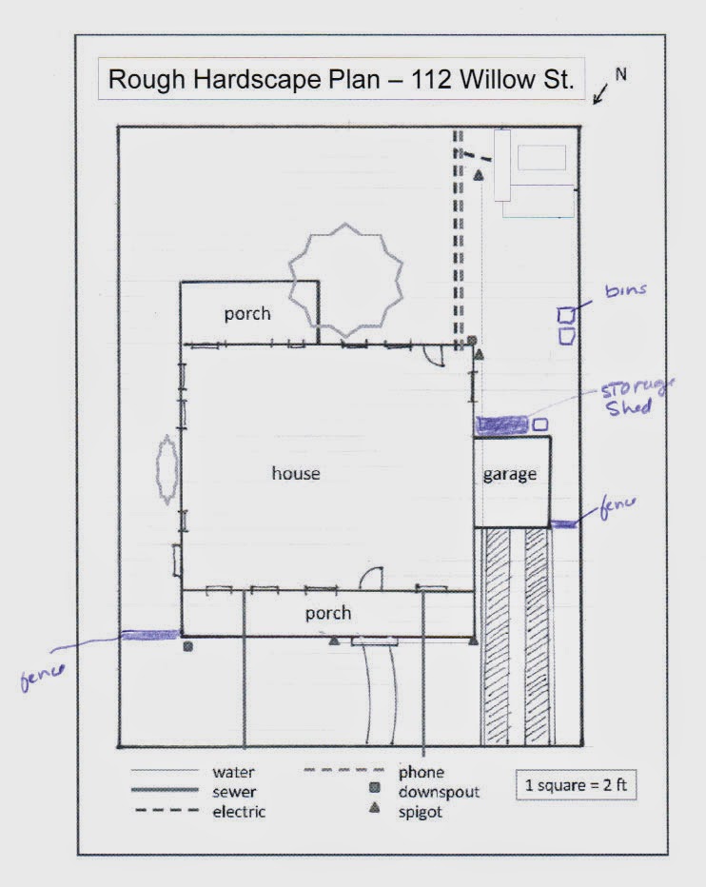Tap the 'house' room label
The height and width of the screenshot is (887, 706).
point(296,473)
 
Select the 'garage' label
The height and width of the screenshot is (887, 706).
point(510,475)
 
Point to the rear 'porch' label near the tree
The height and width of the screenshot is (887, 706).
point(247,314)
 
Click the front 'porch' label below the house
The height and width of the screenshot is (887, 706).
point(328,613)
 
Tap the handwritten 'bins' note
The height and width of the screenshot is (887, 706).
point(626,290)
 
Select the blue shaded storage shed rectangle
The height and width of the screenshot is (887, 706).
point(501,424)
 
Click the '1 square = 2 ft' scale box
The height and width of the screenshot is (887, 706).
point(576,784)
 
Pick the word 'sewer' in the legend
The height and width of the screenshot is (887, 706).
point(234,792)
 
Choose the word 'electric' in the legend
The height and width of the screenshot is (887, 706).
point(239,812)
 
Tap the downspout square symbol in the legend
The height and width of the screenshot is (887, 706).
point(374,787)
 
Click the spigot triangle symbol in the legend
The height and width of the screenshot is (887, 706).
point(374,808)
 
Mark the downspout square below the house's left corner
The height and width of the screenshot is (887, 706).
point(187,646)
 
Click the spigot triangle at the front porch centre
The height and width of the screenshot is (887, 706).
point(334,641)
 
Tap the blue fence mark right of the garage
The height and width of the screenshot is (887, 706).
point(564,525)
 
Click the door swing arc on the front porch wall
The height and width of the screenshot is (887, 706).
point(370,576)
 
